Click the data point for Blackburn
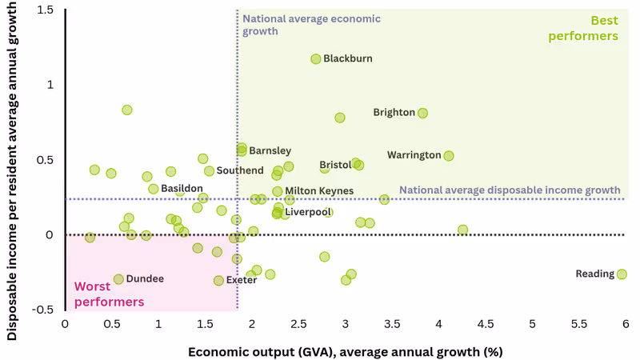point(316,59)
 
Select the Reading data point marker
point(622,274)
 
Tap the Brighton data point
point(422,113)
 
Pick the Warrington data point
point(449,156)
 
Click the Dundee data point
point(118,279)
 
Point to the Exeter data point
point(218,281)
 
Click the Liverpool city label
point(307,212)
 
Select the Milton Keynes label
point(319,191)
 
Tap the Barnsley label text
point(270,150)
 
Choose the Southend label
point(239,171)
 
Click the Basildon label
point(182,189)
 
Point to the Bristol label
point(335,165)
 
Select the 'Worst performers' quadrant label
point(109,294)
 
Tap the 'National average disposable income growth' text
point(510,190)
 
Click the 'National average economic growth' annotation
point(311,25)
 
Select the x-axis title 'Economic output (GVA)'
point(345,351)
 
